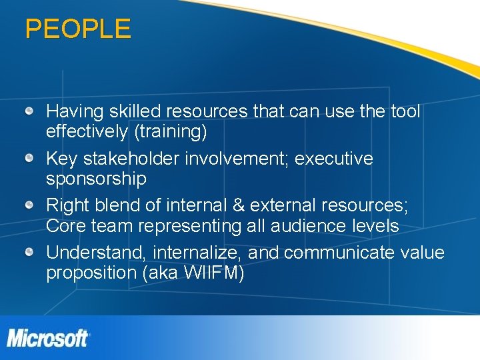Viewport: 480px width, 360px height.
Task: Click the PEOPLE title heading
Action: tap(78, 29)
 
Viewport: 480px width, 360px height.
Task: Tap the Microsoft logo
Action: tap(48, 337)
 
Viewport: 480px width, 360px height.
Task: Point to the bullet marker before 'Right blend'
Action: tap(30, 205)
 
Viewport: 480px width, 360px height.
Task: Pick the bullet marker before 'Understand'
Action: tap(30, 252)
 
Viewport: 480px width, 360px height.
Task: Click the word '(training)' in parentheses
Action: tap(171, 132)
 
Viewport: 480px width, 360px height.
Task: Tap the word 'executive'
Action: tap(334, 159)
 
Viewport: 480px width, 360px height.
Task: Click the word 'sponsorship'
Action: tap(96, 179)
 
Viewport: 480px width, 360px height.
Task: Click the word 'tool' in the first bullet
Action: tap(405, 111)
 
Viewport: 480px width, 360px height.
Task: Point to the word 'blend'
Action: tap(123, 206)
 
